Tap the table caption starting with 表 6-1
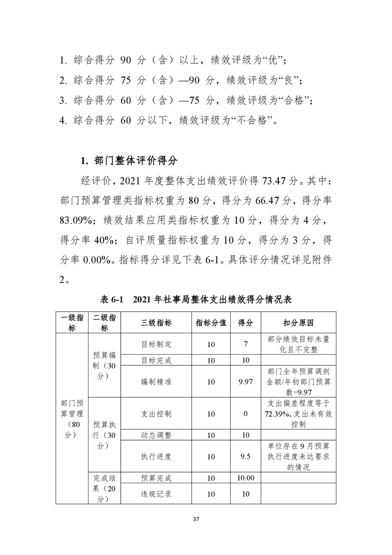coord(196,299)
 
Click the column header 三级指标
coord(156,323)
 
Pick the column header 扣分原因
coord(298,323)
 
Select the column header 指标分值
coord(211,323)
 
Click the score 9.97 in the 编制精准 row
coord(246,382)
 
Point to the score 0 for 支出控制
coord(246,414)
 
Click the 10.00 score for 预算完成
coord(246,478)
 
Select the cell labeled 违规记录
coord(156,494)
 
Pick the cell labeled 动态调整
coord(156,435)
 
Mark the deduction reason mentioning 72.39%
coord(298,414)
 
